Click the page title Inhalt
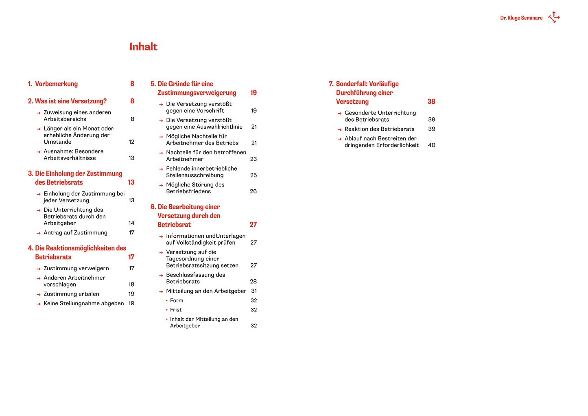click(x=143, y=47)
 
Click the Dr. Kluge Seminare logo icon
click(x=554, y=17)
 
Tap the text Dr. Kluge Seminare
click(x=521, y=18)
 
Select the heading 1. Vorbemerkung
click(x=53, y=84)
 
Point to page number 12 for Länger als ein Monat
click(x=131, y=142)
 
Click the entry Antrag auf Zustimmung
click(x=75, y=233)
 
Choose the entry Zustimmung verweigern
click(x=76, y=269)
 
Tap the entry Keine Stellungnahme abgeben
click(x=83, y=304)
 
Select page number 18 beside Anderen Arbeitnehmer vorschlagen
click(x=131, y=285)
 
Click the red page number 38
click(x=431, y=102)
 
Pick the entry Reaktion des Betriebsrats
click(x=379, y=129)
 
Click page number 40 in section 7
click(x=431, y=145)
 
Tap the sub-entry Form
click(x=177, y=301)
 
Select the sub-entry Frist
click(x=176, y=310)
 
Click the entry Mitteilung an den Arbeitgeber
click(x=206, y=291)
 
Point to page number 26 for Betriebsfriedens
click(x=253, y=192)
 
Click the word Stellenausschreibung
click(x=195, y=175)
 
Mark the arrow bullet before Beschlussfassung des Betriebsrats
click(x=161, y=276)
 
